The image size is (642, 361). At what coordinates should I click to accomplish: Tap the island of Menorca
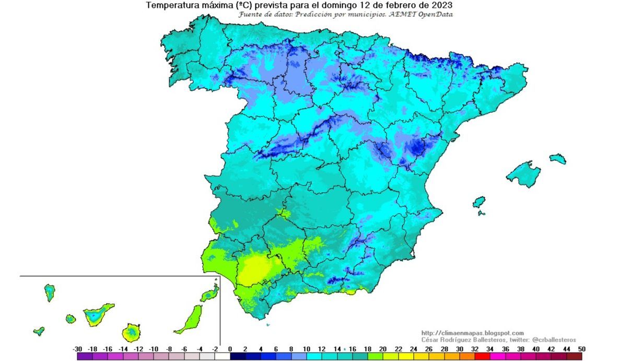pyautogui.click(x=557, y=158)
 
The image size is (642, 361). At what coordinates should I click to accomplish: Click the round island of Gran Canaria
pyautogui.click(x=131, y=332)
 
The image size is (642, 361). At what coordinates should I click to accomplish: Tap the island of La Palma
pyautogui.click(x=50, y=293)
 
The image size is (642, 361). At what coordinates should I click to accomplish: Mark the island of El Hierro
pyautogui.click(x=39, y=331)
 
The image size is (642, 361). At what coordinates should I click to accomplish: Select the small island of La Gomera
pyautogui.click(x=71, y=318)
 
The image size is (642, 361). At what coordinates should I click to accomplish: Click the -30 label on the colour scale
pyautogui.click(x=77, y=348)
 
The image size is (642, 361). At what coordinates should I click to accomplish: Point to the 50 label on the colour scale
pyautogui.click(x=581, y=348)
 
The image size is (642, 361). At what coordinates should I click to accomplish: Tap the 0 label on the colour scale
pyautogui.click(x=230, y=348)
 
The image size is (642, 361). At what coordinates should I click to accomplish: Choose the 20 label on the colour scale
pyautogui.click(x=383, y=348)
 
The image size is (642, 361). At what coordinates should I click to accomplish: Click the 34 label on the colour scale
pyautogui.click(x=490, y=348)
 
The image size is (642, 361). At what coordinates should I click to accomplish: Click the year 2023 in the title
pyautogui.click(x=441, y=5)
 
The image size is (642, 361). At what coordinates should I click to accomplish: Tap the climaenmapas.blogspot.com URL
pyautogui.click(x=472, y=333)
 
